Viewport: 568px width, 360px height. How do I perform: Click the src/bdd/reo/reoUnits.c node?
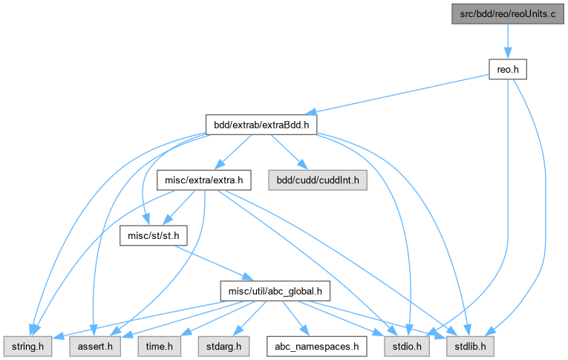[507, 14]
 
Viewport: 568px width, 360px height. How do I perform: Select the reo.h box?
[507, 69]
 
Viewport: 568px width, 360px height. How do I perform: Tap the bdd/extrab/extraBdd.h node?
[261, 125]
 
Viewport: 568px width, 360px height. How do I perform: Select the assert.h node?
[92, 345]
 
